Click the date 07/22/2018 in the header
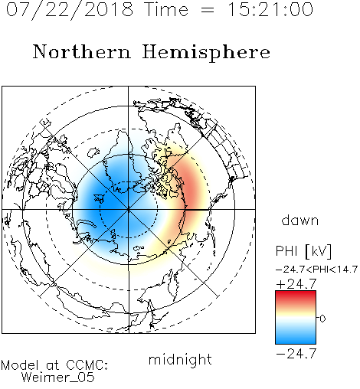(70, 10)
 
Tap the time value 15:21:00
(270, 9)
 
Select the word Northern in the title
(82, 51)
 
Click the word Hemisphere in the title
(206, 53)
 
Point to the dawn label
(300, 220)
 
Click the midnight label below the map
(180, 361)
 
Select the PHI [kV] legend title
(303, 251)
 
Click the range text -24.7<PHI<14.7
(316, 270)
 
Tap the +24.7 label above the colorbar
(296, 284)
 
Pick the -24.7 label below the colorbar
(296, 354)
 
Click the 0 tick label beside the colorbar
(322, 319)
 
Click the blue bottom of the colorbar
(296, 339)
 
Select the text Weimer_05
(57, 377)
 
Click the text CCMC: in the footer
(87, 365)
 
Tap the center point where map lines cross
(129, 210)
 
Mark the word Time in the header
(166, 9)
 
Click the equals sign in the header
(208, 11)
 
